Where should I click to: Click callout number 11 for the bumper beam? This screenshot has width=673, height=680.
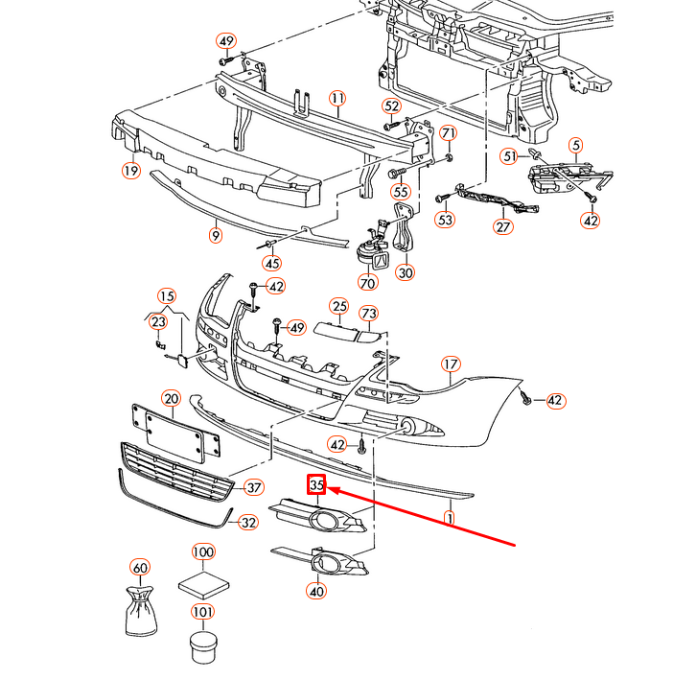point(336,99)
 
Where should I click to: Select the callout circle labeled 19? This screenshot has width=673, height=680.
point(130,172)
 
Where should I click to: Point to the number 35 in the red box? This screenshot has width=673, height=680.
point(317,485)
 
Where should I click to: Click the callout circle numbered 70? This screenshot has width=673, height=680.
point(368,284)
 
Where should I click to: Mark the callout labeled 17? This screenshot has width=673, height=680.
point(451,364)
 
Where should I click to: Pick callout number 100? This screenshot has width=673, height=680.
point(202,552)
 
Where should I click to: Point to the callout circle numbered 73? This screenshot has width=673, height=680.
point(370,314)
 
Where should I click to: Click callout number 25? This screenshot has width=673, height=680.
point(339,307)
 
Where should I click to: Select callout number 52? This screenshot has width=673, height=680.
point(391,106)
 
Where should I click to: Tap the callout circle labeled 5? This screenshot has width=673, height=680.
point(575,146)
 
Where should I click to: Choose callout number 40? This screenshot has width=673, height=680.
point(316,591)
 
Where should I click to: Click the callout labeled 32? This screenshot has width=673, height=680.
point(248,523)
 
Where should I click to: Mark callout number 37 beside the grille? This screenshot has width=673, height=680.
point(253,487)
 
